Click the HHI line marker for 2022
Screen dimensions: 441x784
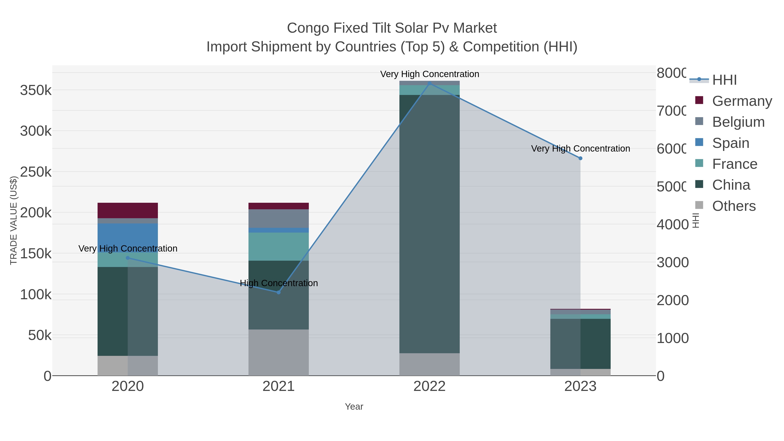pos(429,83)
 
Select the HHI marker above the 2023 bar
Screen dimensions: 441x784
pos(580,158)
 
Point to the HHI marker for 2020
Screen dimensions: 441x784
pos(128,258)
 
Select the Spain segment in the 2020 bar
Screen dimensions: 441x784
pos(128,237)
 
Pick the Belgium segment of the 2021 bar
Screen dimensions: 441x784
pos(279,218)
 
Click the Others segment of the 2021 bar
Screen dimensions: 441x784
pos(279,352)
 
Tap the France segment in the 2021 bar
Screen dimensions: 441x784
pos(279,247)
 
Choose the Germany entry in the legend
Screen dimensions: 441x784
pos(742,101)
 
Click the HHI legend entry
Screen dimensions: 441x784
pos(724,80)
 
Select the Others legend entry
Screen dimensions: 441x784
pos(733,206)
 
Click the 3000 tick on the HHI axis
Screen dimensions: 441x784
pos(672,262)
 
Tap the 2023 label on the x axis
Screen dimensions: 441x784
pos(580,386)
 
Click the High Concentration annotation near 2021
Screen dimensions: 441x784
pos(279,283)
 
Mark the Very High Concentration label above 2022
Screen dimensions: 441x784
pos(429,74)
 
